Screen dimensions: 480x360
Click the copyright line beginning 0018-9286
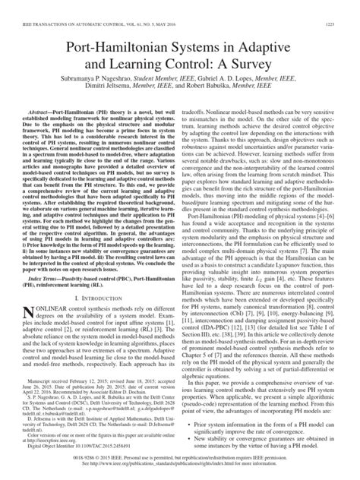coord(180,463)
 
